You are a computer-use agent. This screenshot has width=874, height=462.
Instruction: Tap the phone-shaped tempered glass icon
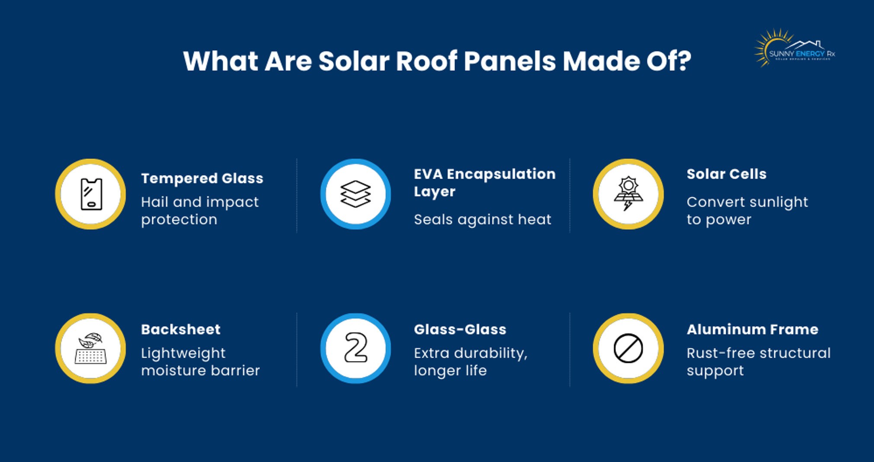tap(91, 194)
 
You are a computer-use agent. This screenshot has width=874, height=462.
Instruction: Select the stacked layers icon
tap(355, 194)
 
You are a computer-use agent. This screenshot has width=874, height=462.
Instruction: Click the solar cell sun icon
tap(628, 194)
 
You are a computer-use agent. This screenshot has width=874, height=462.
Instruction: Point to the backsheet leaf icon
tap(91, 349)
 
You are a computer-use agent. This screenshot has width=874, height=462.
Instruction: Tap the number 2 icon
tap(355, 349)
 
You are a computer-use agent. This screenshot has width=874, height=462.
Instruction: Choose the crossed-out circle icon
tap(628, 349)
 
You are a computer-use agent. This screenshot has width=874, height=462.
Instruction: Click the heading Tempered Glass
tap(202, 178)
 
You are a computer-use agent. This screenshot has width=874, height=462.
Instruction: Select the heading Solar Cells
tap(727, 174)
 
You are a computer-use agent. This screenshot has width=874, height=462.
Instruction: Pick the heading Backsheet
tap(181, 330)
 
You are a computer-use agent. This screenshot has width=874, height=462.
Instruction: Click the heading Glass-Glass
tap(460, 330)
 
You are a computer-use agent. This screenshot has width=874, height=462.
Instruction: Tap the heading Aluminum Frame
tap(752, 330)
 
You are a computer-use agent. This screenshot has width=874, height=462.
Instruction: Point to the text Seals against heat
tap(483, 220)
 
